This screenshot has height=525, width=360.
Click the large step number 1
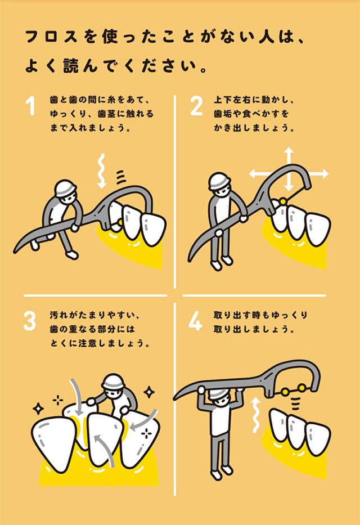point(31,106)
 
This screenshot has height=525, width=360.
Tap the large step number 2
point(196,106)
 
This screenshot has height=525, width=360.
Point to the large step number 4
point(195,321)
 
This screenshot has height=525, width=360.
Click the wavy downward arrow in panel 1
point(102,170)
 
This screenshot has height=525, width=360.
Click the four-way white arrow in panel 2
point(289,173)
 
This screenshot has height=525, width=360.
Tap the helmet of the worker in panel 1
point(65,189)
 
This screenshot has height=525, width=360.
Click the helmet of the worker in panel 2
point(219,181)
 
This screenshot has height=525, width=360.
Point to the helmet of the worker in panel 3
point(112,382)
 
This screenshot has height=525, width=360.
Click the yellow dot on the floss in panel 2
point(283,201)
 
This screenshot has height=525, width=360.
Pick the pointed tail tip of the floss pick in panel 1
point(15,250)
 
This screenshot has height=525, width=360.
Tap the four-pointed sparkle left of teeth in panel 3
point(38,408)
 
